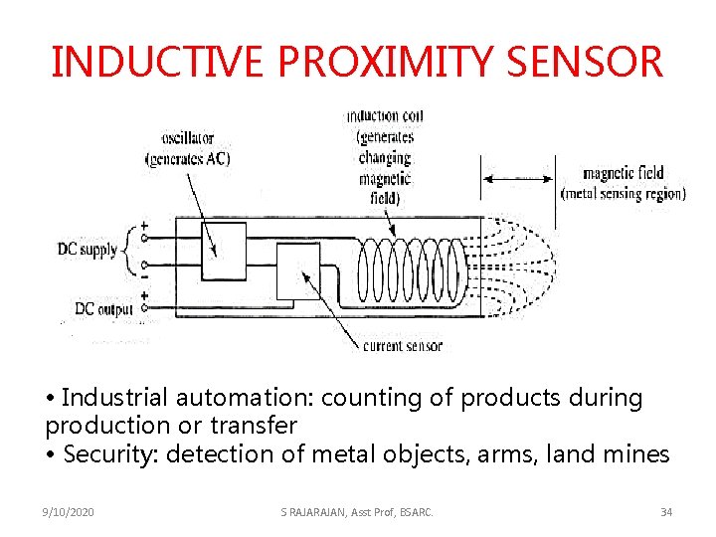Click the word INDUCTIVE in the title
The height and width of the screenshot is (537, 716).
coord(158,62)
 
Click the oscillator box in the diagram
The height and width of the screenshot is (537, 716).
coord(223,251)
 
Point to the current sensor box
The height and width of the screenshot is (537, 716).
coord(298,270)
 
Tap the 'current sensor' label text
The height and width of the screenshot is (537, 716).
coord(403,346)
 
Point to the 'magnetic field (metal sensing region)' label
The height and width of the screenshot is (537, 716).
coord(624,183)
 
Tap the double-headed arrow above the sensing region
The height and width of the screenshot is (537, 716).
coord(518,179)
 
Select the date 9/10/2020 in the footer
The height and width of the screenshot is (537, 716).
coord(71,511)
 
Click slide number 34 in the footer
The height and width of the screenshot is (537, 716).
coord(665,511)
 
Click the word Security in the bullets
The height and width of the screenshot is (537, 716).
coord(104,454)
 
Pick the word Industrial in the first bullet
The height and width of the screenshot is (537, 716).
coord(115,398)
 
